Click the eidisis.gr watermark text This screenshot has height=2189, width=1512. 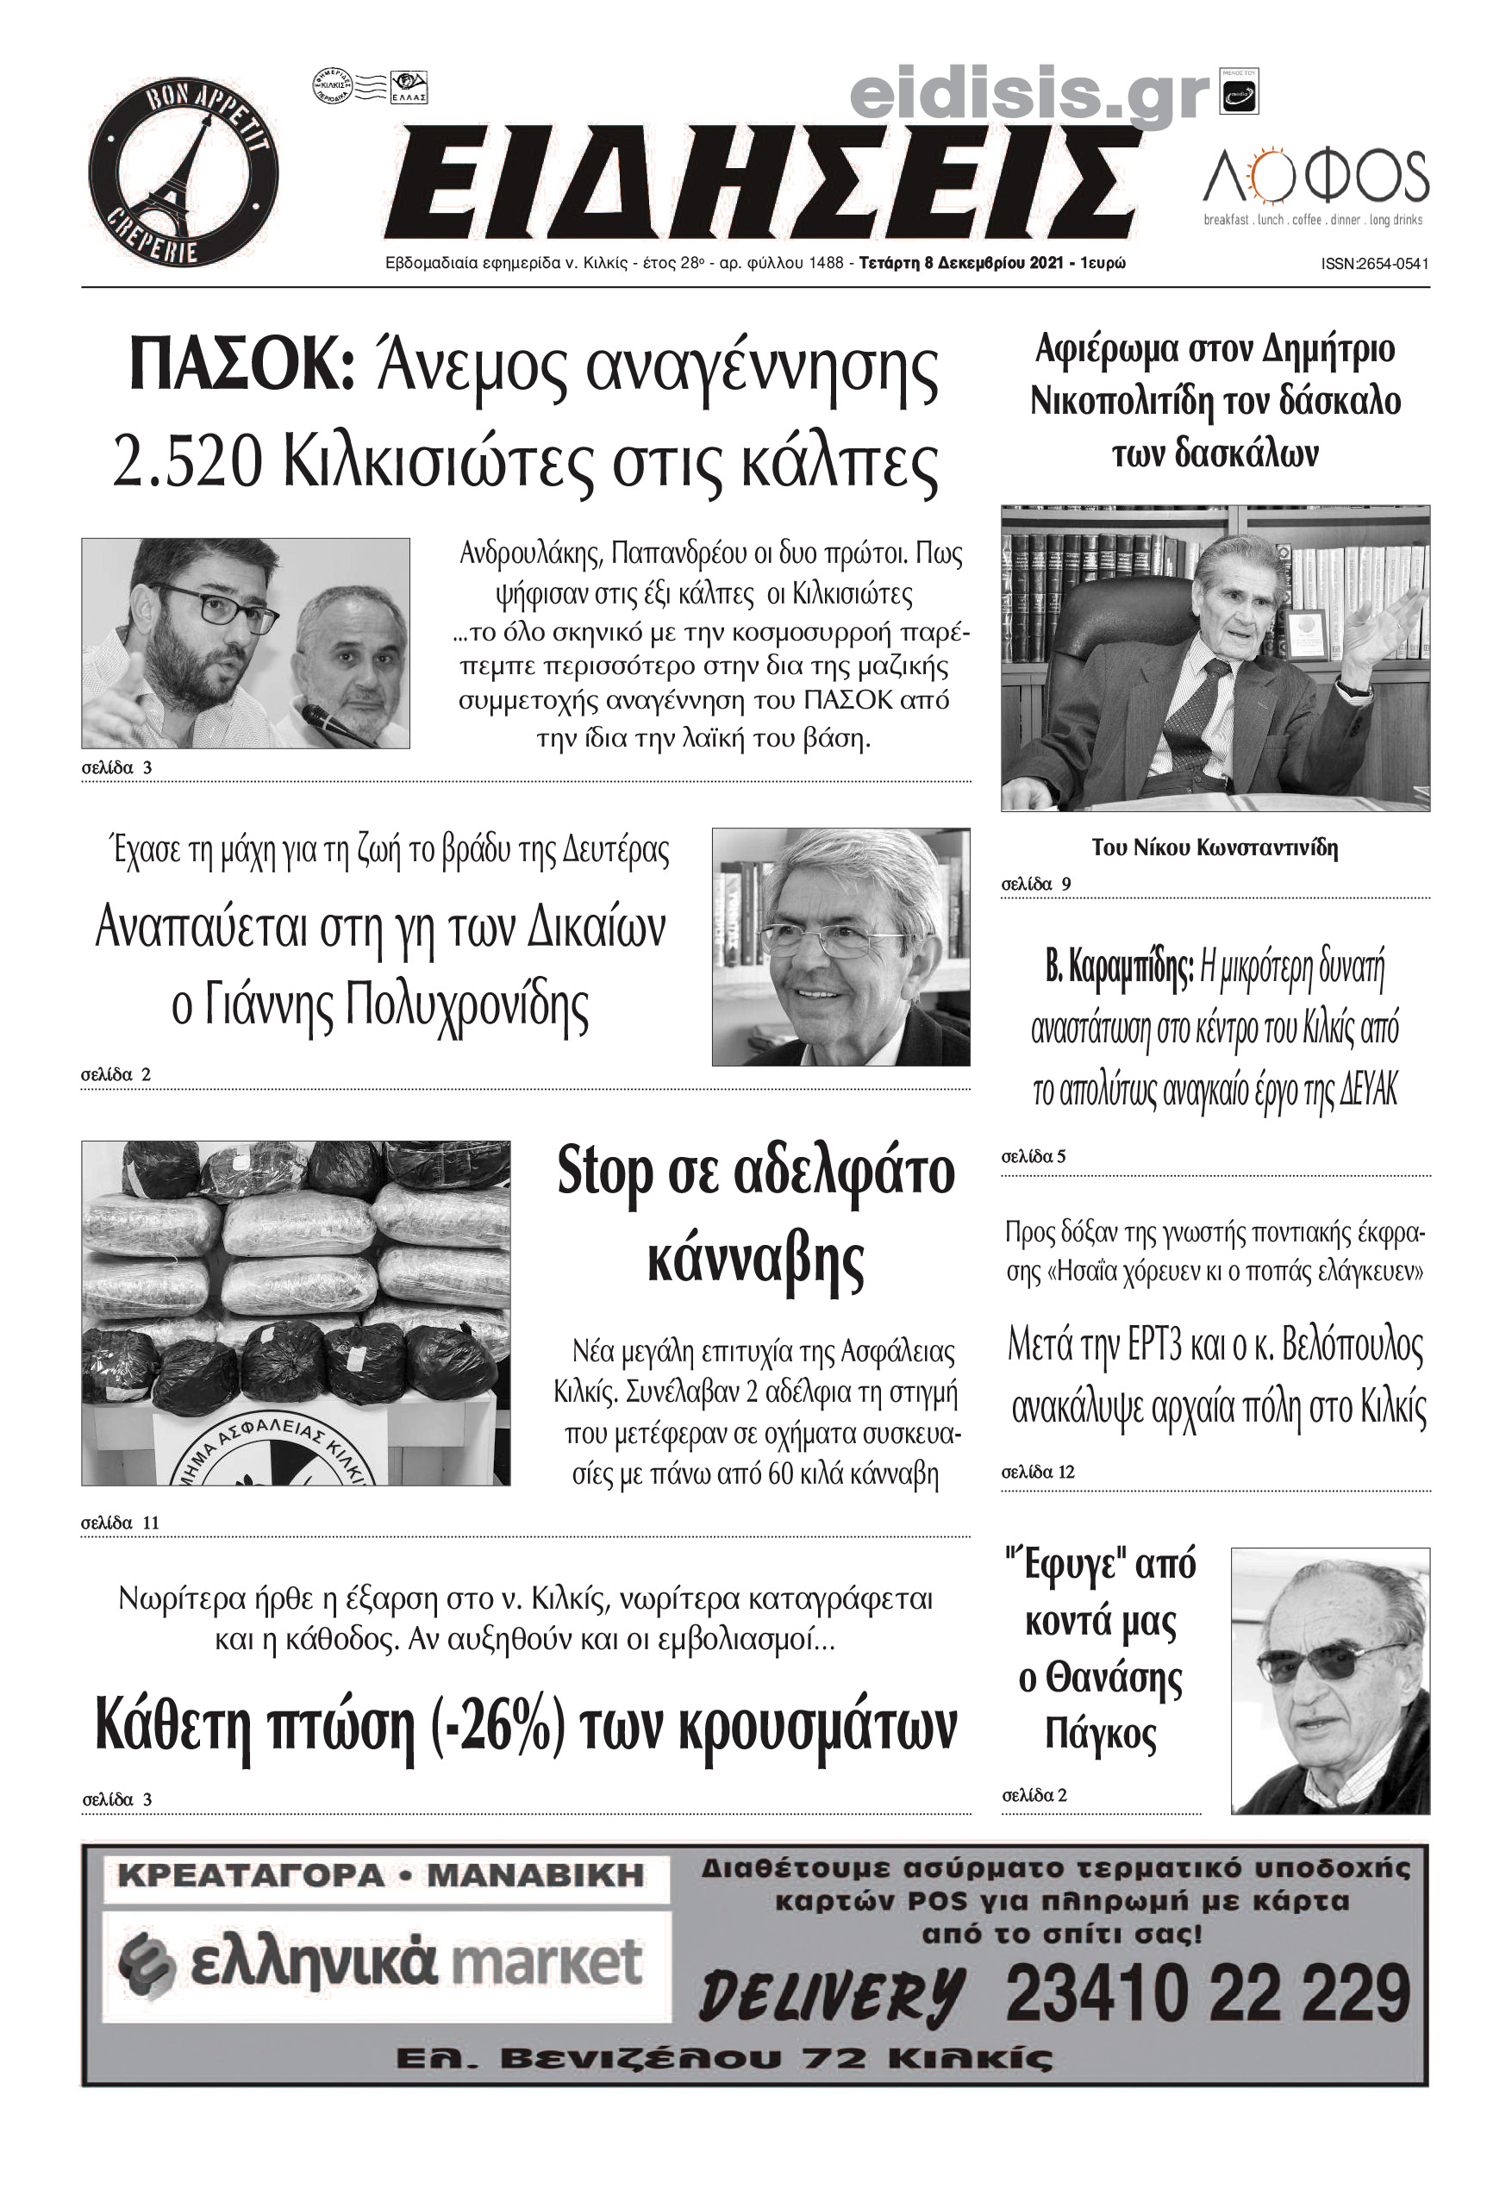[x=1030, y=95]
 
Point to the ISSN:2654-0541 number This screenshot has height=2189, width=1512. [x=1375, y=265]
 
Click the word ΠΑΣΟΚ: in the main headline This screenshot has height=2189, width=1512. [x=242, y=366]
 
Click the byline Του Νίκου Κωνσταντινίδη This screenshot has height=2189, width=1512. [x=1215, y=847]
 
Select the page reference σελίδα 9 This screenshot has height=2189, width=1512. [x=1036, y=885]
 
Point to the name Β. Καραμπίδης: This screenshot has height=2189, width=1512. [x=1118, y=968]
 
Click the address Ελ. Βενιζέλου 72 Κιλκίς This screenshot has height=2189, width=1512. [x=725, y=2058]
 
